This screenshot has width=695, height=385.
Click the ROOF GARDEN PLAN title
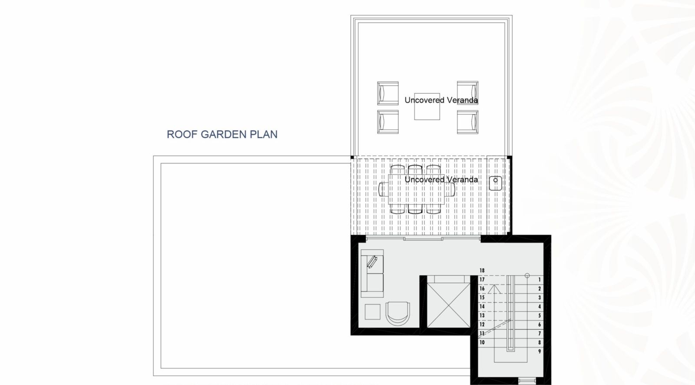[222, 134]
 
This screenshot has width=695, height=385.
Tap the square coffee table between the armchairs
[427, 106]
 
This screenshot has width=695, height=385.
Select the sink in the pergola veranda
[495, 183]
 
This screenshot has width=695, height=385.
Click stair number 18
[482, 270]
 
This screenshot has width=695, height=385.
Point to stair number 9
[539, 352]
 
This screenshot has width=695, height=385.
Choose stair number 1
[539, 279]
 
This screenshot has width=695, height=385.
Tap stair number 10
[482, 342]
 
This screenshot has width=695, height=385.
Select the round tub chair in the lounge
[397, 313]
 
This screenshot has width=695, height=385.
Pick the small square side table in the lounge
[372, 312]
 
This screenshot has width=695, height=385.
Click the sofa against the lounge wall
[372, 273]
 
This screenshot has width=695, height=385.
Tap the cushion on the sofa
[372, 262]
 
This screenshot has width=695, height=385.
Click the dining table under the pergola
[416, 189]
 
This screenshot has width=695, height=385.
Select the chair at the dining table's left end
[384, 189]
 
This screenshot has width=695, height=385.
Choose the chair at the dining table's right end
[450, 189]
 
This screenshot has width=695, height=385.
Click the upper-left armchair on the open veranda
[388, 93]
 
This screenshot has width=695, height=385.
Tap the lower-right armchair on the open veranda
[467, 122]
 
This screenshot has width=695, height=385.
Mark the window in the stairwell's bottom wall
[527, 380]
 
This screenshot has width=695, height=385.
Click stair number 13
[482, 315]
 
